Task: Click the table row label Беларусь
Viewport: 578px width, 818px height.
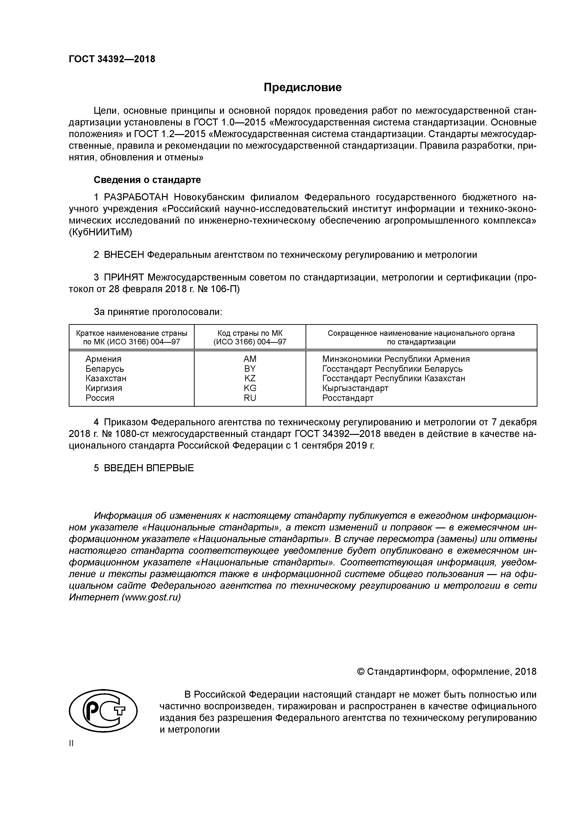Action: (105, 368)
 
